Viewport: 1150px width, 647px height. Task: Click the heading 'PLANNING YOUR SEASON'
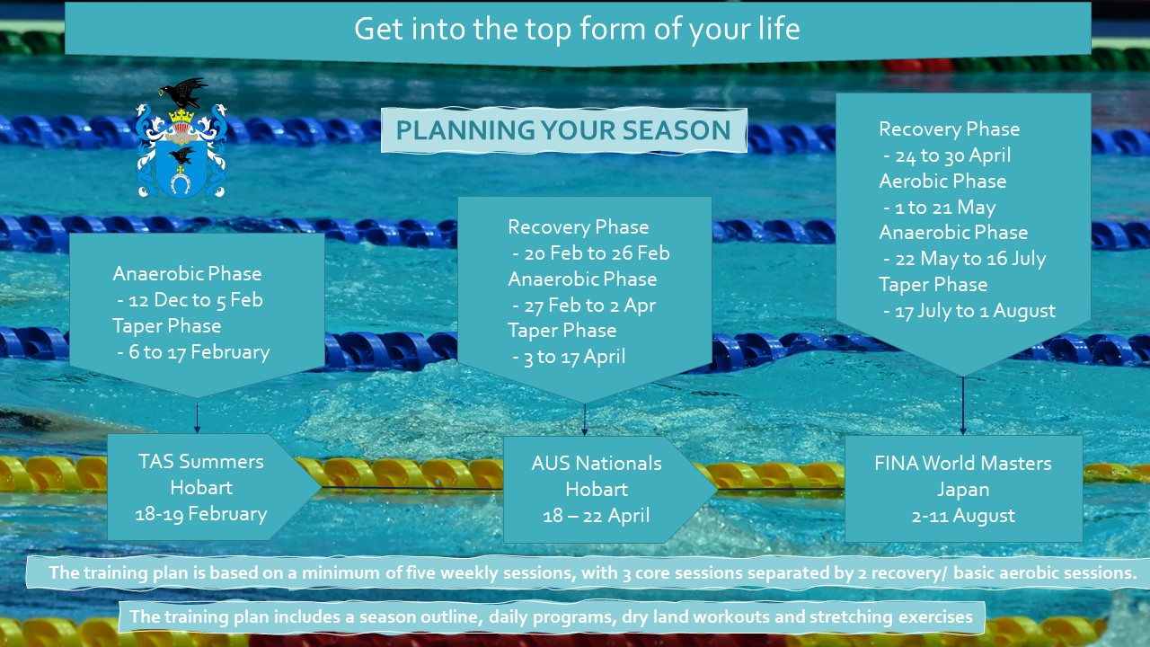(x=563, y=130)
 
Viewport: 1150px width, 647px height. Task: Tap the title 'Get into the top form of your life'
(x=577, y=30)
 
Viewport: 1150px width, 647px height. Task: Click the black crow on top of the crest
(x=183, y=93)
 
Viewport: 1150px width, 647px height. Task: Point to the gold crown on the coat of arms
(x=181, y=116)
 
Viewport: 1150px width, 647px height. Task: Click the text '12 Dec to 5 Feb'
(x=196, y=300)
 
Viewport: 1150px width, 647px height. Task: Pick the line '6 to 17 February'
(x=199, y=352)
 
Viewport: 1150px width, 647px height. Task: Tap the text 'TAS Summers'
(x=200, y=462)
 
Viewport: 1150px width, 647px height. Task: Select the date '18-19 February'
(x=200, y=514)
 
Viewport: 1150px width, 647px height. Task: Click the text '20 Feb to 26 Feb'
(x=597, y=253)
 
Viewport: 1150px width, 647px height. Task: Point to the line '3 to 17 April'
(x=574, y=357)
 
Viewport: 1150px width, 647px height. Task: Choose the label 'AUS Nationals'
(x=596, y=464)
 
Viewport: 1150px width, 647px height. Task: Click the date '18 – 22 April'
(x=596, y=516)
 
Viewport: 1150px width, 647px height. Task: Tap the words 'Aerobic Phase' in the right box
(x=942, y=182)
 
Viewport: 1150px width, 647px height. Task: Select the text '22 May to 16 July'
(x=970, y=259)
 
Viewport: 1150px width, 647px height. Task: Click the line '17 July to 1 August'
(x=975, y=311)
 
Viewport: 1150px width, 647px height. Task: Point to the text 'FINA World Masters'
(x=963, y=464)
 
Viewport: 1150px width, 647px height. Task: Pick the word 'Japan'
(x=963, y=490)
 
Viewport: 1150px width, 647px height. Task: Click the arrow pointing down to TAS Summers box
(x=197, y=418)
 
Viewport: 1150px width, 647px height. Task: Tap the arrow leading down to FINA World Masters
(x=962, y=405)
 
